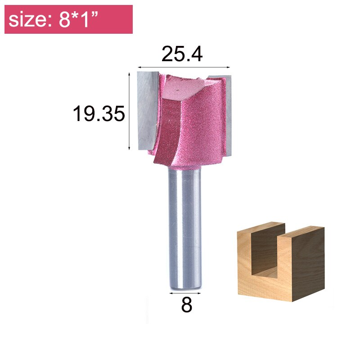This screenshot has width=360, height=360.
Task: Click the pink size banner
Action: coord(68,19)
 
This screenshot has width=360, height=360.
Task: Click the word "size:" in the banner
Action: coord(29,20)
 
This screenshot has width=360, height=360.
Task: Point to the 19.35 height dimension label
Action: coord(99,114)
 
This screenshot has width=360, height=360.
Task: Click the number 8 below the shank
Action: coord(186,306)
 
